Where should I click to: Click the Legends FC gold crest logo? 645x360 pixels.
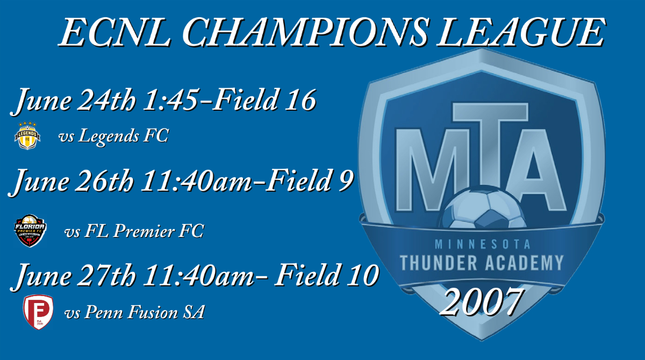(x=27, y=135)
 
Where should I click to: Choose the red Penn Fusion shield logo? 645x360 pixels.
(x=38, y=312)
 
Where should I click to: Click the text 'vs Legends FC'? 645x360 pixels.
(x=113, y=136)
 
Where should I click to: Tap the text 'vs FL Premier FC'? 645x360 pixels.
(x=134, y=232)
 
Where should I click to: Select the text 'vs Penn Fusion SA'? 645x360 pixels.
(x=134, y=312)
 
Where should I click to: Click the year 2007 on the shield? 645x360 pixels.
(x=482, y=302)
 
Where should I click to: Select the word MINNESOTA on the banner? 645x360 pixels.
(x=482, y=244)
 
